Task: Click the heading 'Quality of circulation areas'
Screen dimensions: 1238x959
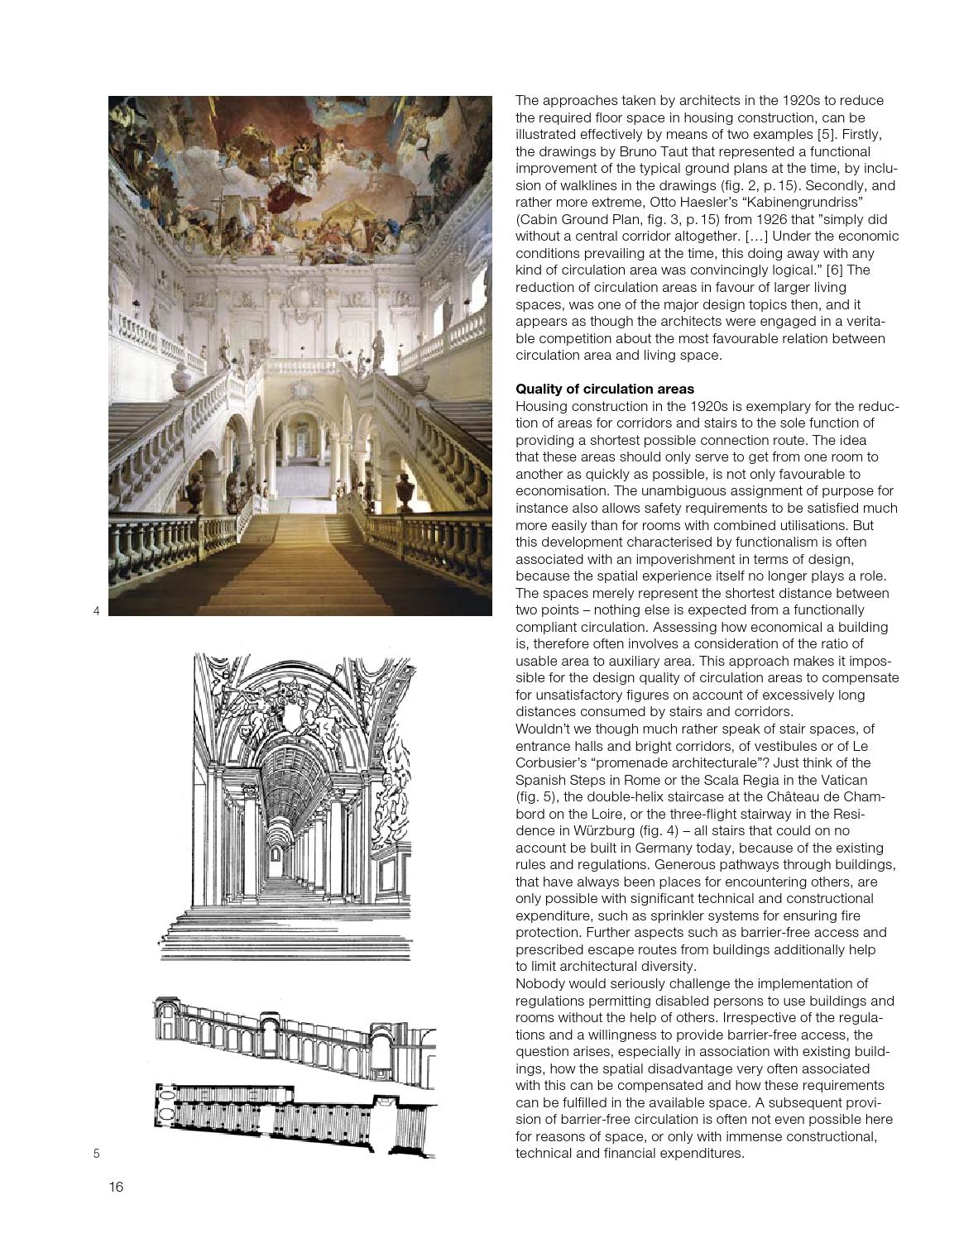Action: pyautogui.click(x=604, y=389)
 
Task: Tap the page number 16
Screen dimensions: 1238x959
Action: pyautogui.click(x=115, y=1188)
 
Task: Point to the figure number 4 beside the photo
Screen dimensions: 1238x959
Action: pyautogui.click(x=96, y=611)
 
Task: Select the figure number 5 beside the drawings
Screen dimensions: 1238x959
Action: pyautogui.click(x=96, y=1153)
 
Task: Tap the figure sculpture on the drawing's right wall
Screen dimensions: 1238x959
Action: pyautogui.click(x=393, y=794)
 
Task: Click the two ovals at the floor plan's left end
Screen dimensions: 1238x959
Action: pyautogui.click(x=165, y=1117)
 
